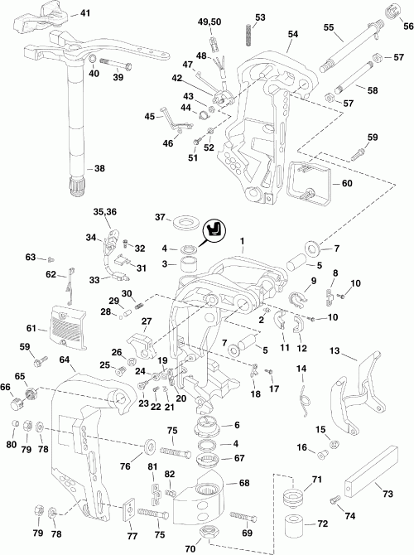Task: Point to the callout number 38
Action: tap(99, 167)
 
